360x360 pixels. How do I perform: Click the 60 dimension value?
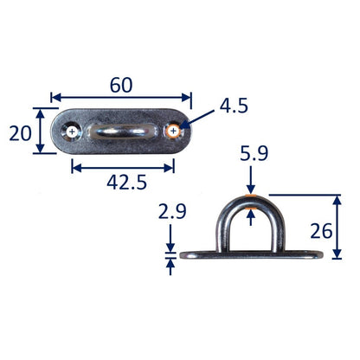pos(121,85)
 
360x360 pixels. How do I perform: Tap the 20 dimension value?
pos(20,133)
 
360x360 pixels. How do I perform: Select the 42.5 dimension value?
pos(126,183)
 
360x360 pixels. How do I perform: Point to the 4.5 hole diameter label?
pos(234,106)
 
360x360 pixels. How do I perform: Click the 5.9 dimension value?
pos(254,153)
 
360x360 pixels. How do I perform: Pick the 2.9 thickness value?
pos(172,211)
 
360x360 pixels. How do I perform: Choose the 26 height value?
pos(321,231)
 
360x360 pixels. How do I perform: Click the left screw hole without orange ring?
pos(72,132)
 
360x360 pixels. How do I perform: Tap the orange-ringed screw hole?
pos(173,132)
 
